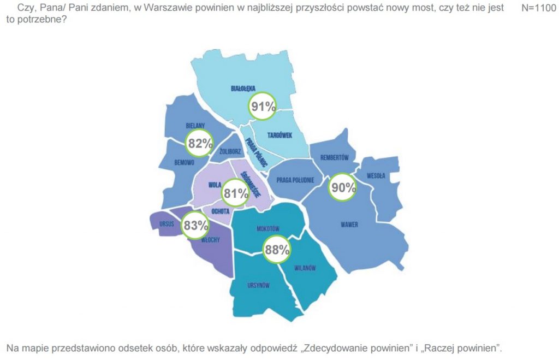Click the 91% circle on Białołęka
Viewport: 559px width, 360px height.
[x=263, y=107]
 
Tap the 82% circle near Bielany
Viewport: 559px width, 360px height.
[x=199, y=143]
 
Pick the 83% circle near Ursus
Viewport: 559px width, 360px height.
[x=195, y=225]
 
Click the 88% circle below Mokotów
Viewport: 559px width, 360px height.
[x=277, y=250]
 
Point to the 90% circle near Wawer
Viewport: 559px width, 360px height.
[x=342, y=188]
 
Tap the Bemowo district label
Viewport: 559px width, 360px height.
[x=185, y=162]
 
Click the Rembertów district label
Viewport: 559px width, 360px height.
[x=335, y=157]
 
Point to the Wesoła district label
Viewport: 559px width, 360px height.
[x=376, y=175]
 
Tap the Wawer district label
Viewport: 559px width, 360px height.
[x=349, y=224]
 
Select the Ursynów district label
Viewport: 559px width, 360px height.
[x=258, y=286]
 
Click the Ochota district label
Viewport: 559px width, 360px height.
[x=219, y=211]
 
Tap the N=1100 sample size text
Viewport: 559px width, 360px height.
[x=539, y=8]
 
